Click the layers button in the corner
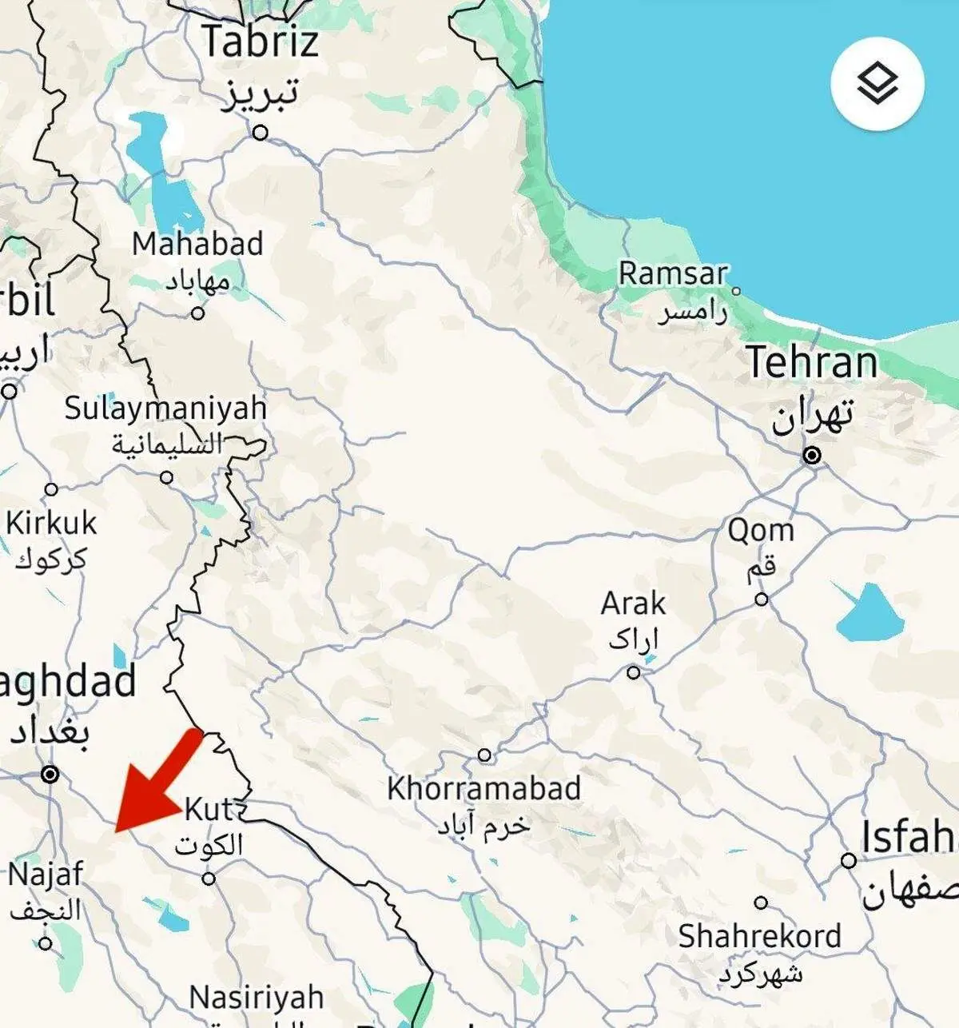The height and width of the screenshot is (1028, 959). tap(877, 83)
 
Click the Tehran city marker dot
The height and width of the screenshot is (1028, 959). tap(812, 456)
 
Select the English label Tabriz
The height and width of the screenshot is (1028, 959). tap(261, 42)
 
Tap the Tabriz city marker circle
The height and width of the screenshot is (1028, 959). tap(260, 133)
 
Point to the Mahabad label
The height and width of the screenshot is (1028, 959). tap(197, 244)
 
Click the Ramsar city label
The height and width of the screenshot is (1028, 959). tap(673, 274)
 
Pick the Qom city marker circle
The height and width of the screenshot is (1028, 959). tap(762, 599)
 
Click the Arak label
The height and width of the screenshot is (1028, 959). tap(633, 604)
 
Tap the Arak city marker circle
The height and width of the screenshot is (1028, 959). tap(634, 672)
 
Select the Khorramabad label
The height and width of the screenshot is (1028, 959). tap(483, 789)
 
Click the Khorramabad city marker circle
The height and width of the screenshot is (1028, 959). tap(484, 755)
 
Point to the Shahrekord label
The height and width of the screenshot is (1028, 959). tap(759, 936)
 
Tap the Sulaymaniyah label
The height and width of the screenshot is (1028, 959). tap(165, 408)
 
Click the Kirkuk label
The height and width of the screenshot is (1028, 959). tap(51, 524)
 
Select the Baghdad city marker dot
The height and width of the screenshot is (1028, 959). tap(50, 774)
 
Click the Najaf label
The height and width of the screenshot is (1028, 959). tap(46, 874)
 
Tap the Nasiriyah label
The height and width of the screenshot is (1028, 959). tap(257, 998)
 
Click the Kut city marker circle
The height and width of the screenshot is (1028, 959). tap(209, 879)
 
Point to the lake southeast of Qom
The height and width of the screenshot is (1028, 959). tap(869, 614)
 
